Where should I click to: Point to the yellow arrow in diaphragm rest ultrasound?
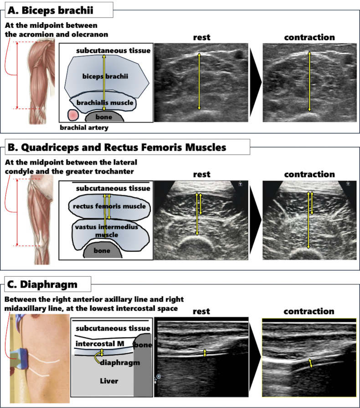[x=205, y=353]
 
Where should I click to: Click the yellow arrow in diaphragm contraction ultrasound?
[x=311, y=363]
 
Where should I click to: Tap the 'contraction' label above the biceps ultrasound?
[x=309, y=37]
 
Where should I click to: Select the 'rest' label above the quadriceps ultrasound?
[x=201, y=174]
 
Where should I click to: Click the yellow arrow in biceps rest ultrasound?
[x=199, y=82]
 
